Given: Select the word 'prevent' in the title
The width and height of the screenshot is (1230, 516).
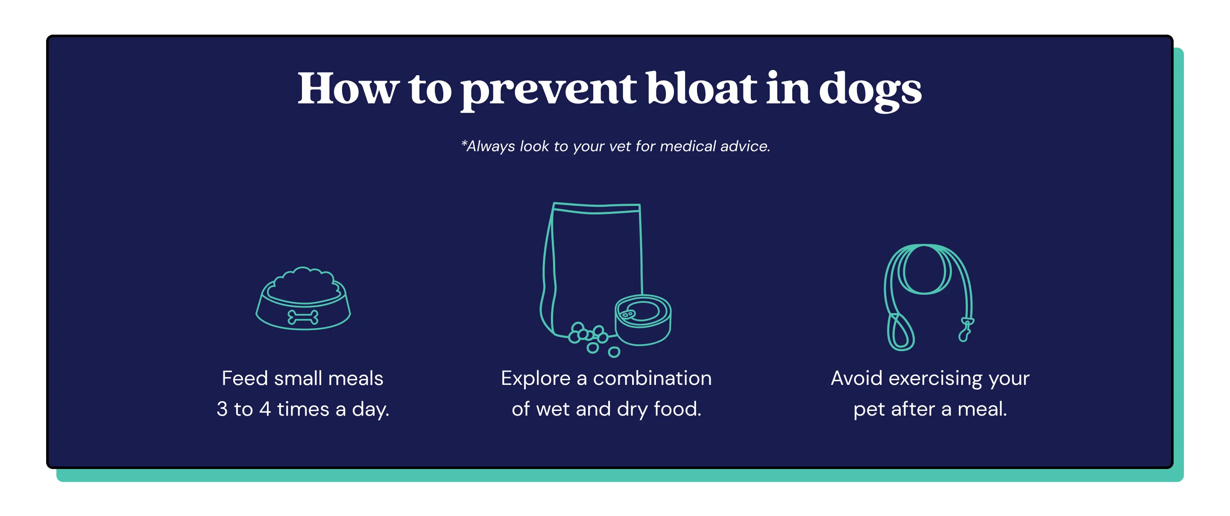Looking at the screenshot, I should (x=548, y=91).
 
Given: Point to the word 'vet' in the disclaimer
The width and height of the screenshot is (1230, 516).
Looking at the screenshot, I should (x=620, y=146).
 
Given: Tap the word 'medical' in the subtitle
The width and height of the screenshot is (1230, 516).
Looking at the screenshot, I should (x=688, y=146).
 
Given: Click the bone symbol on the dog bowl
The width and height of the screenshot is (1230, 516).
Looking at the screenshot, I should (x=303, y=317).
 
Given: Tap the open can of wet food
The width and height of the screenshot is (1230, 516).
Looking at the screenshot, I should (x=643, y=319).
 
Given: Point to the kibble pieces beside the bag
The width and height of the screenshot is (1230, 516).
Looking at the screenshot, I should (x=590, y=337).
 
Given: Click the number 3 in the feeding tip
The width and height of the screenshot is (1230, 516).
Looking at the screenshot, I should (x=222, y=409).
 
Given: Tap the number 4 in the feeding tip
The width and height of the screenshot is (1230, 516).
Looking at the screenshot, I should (x=265, y=409).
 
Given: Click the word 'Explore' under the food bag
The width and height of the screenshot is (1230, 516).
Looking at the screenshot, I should (x=535, y=378).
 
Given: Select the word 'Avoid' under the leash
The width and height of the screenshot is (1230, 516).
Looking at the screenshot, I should (x=857, y=378).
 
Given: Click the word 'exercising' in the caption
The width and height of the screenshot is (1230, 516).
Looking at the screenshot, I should (x=935, y=378).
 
